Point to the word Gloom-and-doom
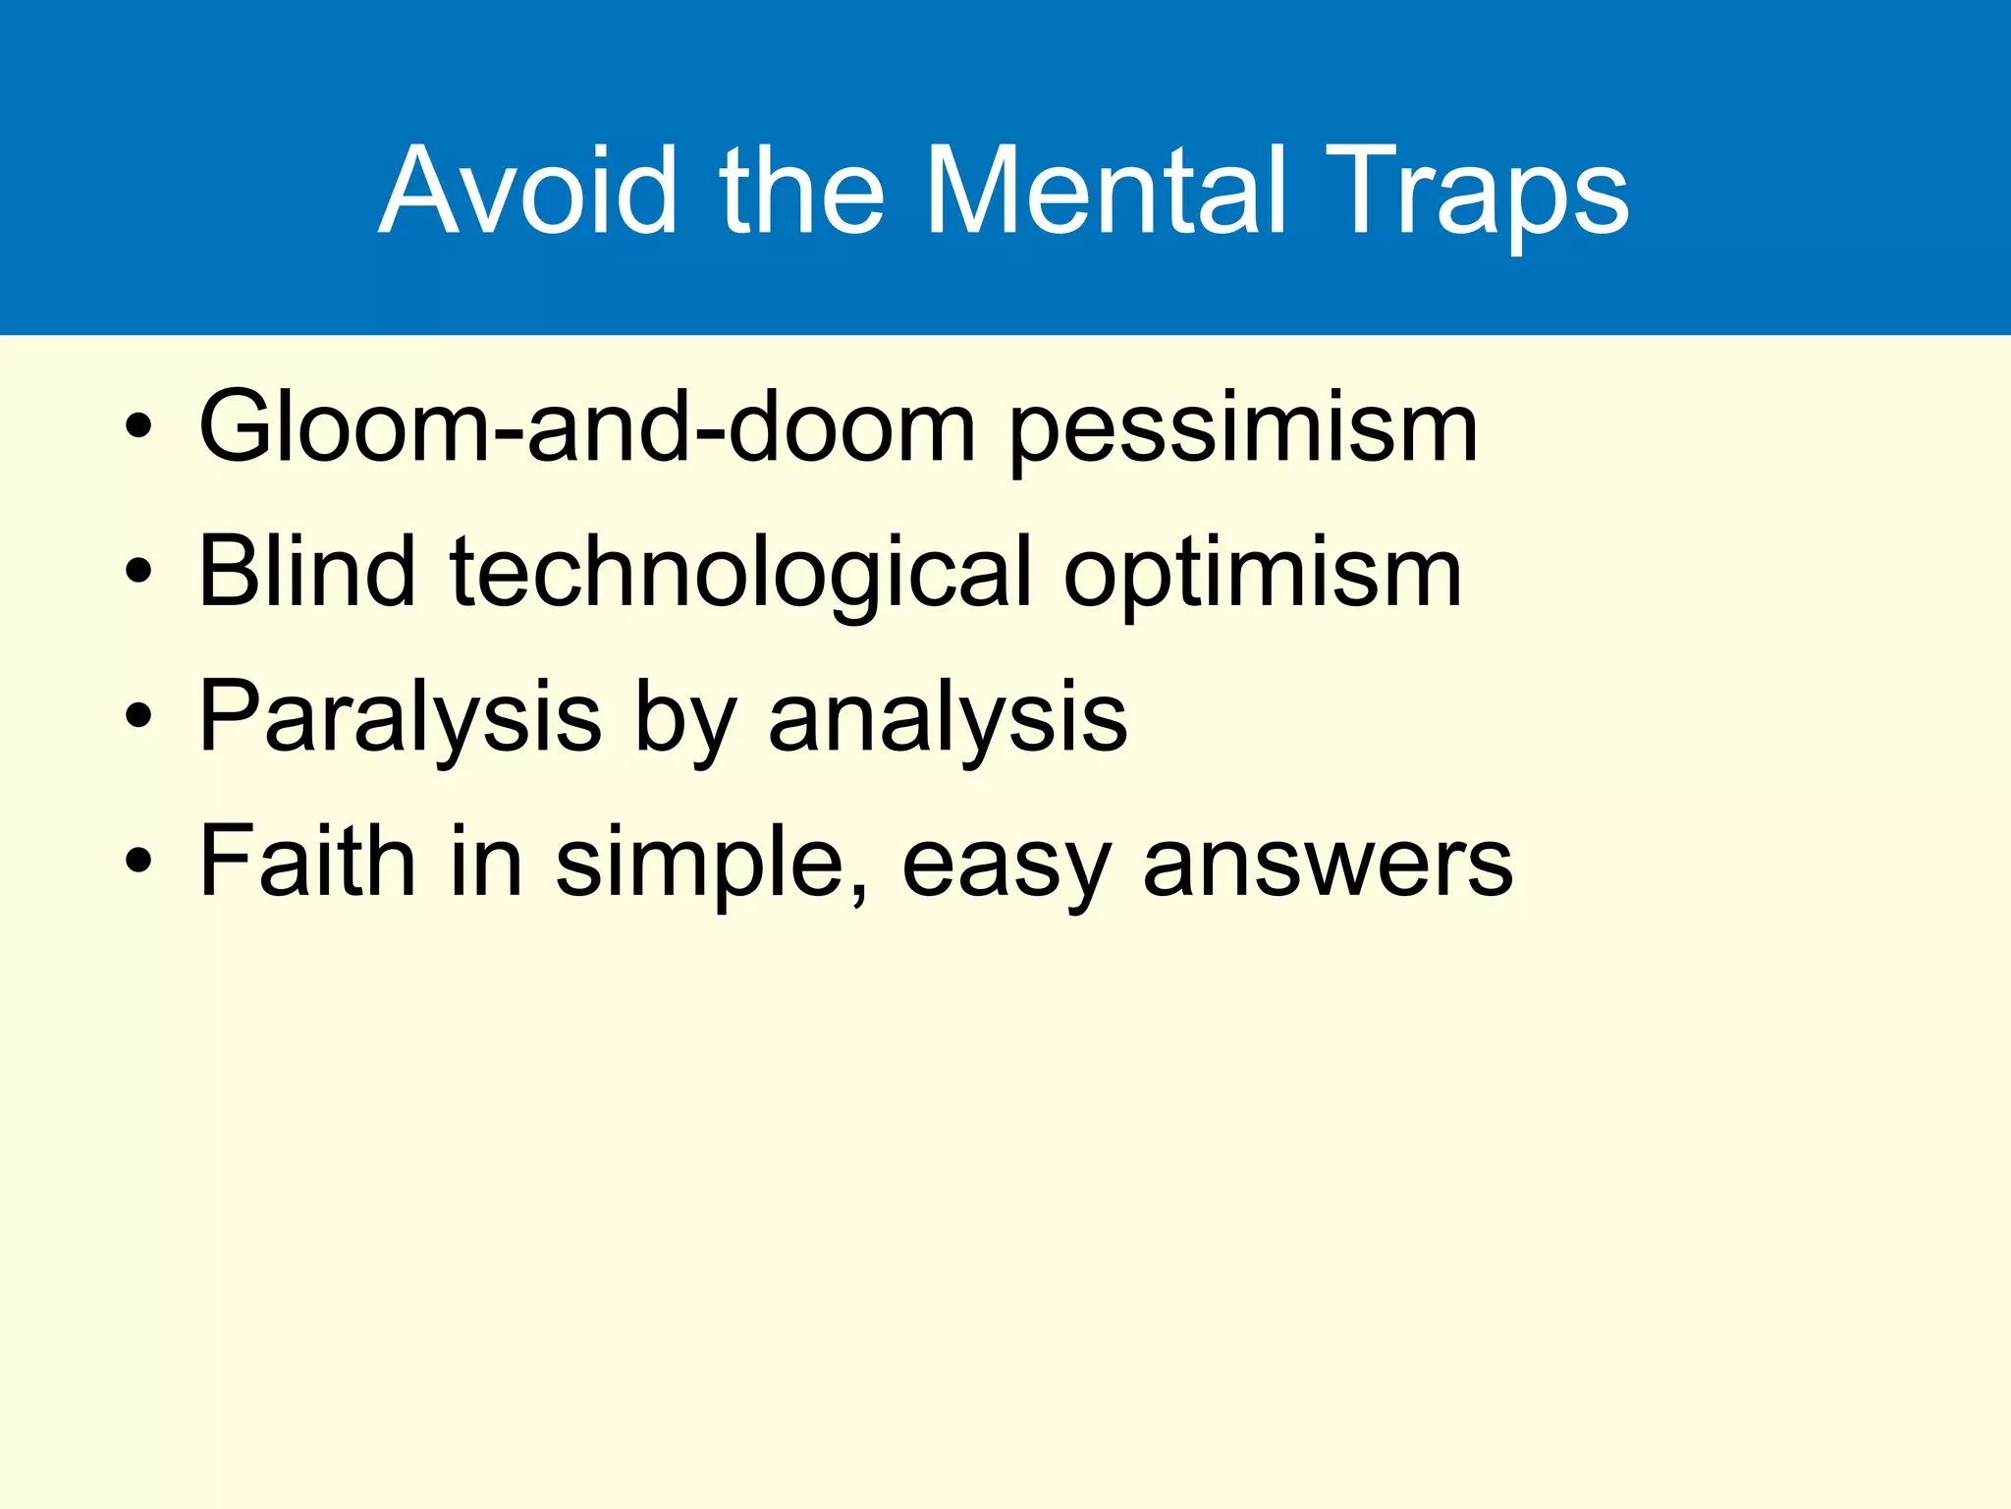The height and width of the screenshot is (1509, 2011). [x=586, y=426]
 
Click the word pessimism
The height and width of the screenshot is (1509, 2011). [x=1243, y=432]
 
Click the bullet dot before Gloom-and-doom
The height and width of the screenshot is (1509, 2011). [x=138, y=428]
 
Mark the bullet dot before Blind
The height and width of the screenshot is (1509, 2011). [x=138, y=573]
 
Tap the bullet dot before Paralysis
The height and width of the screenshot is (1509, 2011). [x=138, y=717]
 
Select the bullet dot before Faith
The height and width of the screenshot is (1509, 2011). [x=138, y=862]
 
